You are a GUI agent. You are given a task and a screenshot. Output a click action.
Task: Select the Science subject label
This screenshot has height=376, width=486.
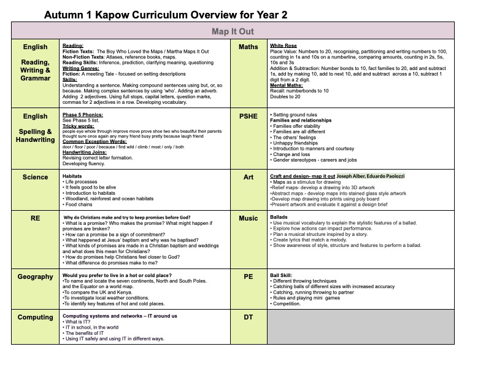[x=35, y=178]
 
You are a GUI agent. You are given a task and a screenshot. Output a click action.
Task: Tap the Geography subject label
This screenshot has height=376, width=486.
[x=35, y=277]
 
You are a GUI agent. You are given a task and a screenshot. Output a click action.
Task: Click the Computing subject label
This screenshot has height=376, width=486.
[x=35, y=318]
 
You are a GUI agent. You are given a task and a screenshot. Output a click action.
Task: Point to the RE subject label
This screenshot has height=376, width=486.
[x=35, y=218]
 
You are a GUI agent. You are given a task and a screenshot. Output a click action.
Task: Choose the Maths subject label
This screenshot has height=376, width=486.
[x=248, y=47]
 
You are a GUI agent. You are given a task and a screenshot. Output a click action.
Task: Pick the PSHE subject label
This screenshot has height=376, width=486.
[x=248, y=116]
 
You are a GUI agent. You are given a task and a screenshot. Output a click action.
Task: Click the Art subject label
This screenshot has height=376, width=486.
[x=248, y=178]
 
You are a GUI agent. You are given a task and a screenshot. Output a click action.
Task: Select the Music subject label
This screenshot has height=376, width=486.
[x=248, y=218]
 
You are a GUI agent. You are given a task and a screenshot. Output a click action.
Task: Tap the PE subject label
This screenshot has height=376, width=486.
[x=248, y=277]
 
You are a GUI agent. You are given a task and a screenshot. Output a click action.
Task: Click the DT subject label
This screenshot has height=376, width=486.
[x=248, y=318]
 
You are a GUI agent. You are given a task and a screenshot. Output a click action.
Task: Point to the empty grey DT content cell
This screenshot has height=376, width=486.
[x=361, y=327]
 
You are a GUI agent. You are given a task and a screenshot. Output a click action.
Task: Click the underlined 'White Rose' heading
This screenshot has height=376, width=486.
[x=283, y=46]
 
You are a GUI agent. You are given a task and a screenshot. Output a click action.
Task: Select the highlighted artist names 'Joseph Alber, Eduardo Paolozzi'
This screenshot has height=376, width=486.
[x=371, y=176]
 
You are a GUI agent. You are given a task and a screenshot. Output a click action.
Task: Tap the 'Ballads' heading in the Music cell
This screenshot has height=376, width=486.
[x=279, y=217]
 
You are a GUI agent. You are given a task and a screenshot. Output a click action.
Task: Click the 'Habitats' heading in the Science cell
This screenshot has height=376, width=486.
[x=73, y=176]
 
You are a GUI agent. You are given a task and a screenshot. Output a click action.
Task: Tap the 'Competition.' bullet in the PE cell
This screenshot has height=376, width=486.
[x=288, y=304]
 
